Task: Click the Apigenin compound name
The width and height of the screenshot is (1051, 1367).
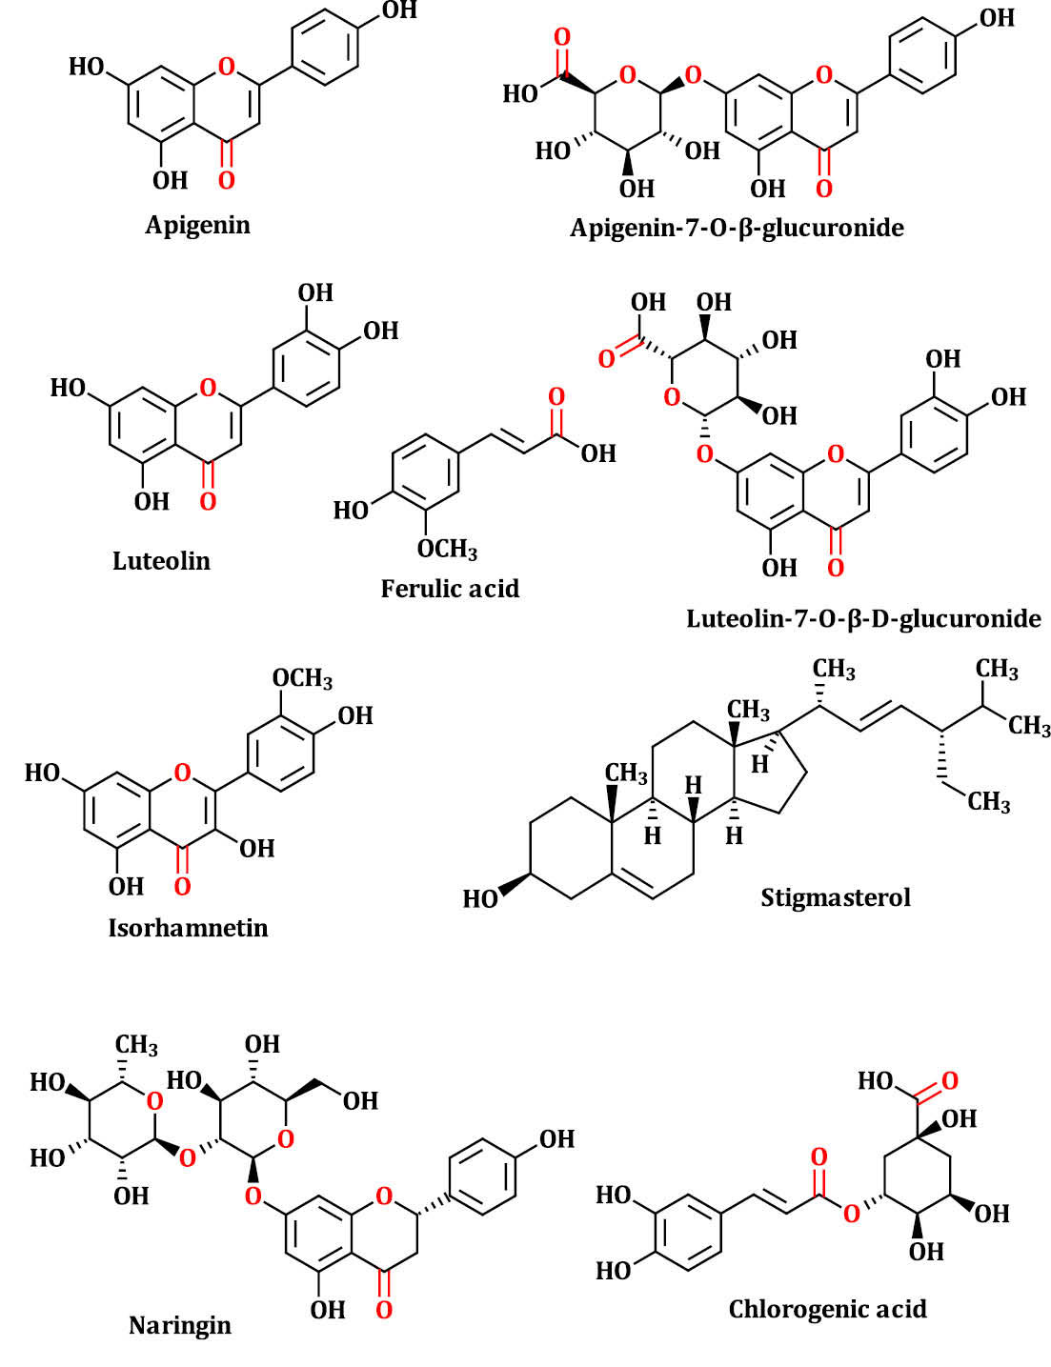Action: click(197, 225)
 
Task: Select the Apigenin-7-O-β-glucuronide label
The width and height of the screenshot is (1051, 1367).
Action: click(737, 228)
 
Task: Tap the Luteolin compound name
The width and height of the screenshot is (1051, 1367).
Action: click(161, 560)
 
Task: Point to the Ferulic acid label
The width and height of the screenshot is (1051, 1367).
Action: click(450, 589)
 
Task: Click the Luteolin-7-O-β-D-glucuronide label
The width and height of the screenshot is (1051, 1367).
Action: click(863, 618)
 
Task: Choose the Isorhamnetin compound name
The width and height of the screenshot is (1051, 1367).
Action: click(188, 927)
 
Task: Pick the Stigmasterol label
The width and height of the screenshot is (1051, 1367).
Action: click(835, 897)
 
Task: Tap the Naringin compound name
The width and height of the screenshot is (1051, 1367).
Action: click(180, 1325)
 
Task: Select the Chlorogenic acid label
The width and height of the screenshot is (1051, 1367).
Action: click(827, 1309)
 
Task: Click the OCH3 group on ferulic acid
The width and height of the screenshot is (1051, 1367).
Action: click(447, 550)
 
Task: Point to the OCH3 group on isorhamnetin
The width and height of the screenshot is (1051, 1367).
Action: click(302, 679)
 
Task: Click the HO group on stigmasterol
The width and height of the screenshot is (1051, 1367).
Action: click(480, 898)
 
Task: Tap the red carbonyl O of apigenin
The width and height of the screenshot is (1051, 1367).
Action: click(226, 180)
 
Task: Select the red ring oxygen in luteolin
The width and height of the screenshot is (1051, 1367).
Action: click(209, 388)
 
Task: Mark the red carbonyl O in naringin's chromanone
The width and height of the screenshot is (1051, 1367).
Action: click(384, 1310)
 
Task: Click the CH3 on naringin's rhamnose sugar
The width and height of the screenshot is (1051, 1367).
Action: click(136, 1046)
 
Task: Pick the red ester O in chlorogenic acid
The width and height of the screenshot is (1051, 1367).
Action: click(851, 1213)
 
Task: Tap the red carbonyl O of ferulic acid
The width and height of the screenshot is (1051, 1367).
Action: click(556, 396)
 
